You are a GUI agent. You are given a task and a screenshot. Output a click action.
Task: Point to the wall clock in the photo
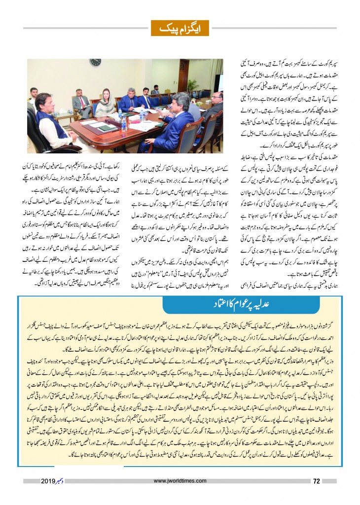click(x=96, y=62)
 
